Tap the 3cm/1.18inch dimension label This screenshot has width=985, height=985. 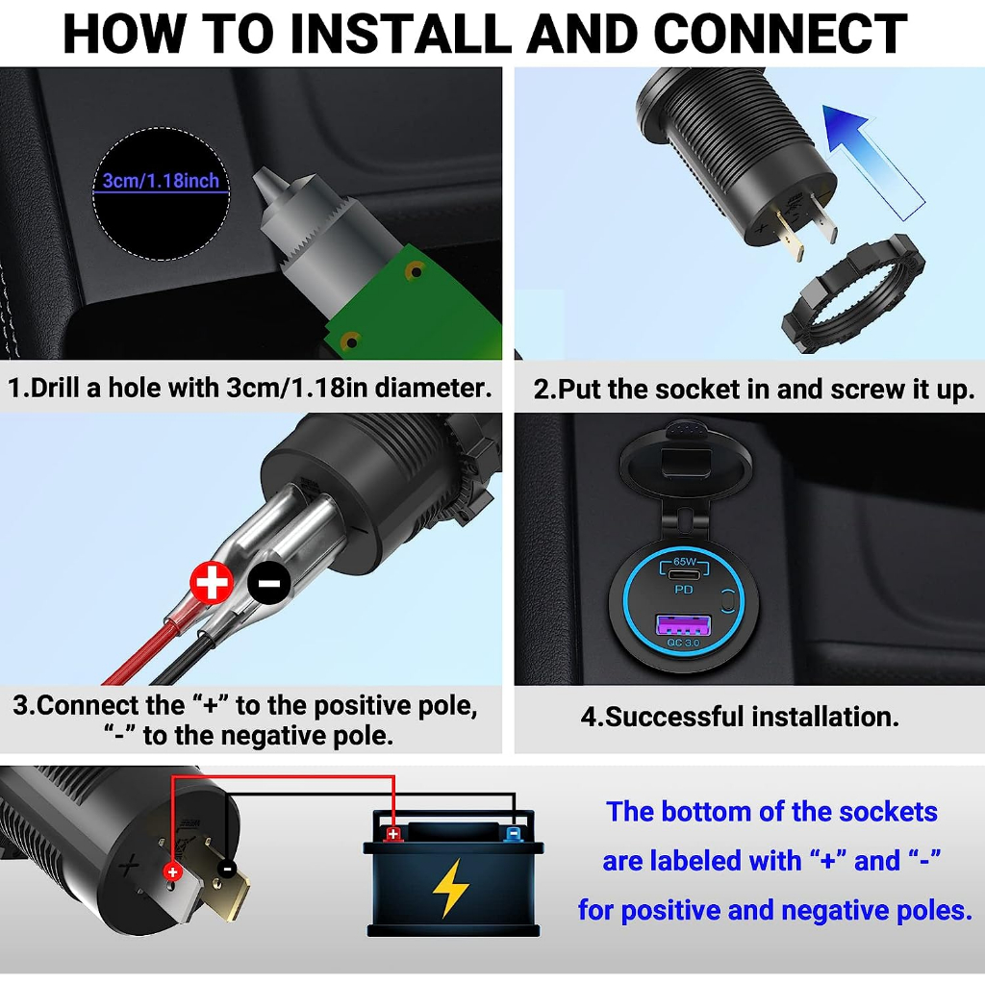pos(161,181)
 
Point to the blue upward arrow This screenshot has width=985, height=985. pos(873,161)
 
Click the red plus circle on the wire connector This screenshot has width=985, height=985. pos(212,582)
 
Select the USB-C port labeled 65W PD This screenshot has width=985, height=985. pos(684,573)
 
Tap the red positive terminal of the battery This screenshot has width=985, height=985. pos(393,834)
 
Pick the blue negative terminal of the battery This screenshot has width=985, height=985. pos(514,834)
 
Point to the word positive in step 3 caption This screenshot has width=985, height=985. pos(362,706)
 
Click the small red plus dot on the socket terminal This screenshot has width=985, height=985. pos(172,871)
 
